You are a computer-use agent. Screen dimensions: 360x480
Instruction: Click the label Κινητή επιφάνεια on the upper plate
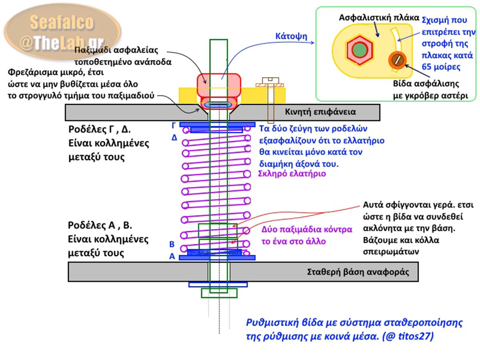(x=320, y=112)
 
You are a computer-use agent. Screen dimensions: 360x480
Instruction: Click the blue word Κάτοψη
(x=291, y=36)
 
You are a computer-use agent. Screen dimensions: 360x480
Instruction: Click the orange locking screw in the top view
(x=397, y=60)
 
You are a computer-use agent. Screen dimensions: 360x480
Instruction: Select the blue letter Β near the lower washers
(x=172, y=244)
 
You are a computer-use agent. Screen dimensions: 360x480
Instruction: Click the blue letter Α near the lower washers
(x=172, y=256)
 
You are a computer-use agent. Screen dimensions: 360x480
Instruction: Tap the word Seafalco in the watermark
(x=62, y=22)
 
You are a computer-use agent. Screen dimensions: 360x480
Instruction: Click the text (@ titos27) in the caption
(x=408, y=336)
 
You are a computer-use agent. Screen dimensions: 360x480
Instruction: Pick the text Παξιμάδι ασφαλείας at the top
(x=116, y=50)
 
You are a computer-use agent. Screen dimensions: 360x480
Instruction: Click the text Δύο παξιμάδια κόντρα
(x=307, y=230)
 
